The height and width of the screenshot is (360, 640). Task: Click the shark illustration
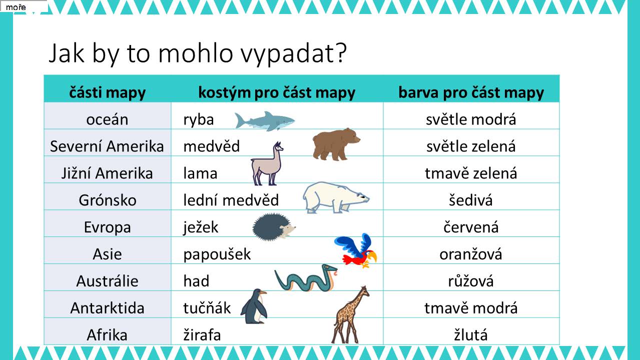[x=265, y=121]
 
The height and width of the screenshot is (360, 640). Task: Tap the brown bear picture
[x=336, y=144]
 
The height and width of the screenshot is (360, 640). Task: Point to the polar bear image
[x=335, y=197]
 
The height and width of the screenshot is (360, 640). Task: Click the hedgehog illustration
[x=274, y=227]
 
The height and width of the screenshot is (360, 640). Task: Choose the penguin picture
[x=254, y=306]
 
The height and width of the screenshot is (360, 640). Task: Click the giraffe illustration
[x=350, y=315]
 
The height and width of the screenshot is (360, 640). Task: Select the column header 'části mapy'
[x=107, y=93]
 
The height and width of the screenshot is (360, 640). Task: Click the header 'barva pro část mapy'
[x=471, y=93]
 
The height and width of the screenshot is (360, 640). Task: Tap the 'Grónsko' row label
[x=108, y=200]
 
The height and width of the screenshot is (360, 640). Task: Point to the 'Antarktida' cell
[x=107, y=308]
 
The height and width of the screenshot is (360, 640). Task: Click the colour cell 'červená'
[x=471, y=227]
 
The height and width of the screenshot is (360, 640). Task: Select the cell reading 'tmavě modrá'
[x=471, y=308]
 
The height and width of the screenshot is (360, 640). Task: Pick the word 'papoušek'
[x=217, y=254]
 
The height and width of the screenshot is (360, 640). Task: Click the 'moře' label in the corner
[x=16, y=7]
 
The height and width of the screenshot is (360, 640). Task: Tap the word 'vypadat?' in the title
[x=293, y=53]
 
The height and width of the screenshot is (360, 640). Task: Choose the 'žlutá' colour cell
[x=471, y=334]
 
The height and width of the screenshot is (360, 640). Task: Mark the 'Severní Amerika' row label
[x=107, y=146]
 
